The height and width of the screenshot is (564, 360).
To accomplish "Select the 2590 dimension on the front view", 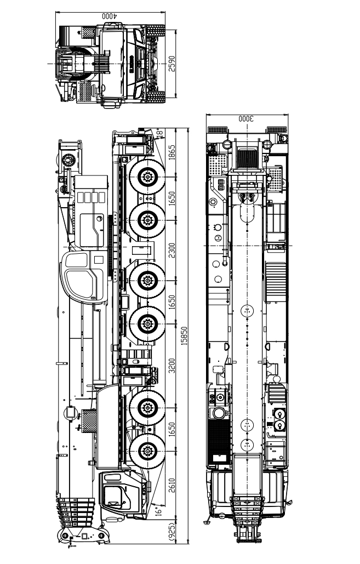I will pos(172,64).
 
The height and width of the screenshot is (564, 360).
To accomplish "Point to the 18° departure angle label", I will pos(159,133).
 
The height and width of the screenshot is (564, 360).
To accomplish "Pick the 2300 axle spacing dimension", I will pos(172,250).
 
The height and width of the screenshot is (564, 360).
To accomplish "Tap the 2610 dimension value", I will pos(172,486).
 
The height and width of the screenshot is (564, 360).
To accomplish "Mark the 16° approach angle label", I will pos(159,510).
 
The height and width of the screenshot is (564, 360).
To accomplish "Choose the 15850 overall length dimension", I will pos(185,336).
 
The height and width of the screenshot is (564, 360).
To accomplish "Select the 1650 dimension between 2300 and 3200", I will pos(172,303).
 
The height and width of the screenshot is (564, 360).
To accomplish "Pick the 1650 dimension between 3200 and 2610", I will pos(172,430).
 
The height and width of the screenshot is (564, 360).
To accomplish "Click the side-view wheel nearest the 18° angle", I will pos(147,177).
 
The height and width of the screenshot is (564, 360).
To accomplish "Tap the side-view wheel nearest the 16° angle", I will pos(147,452).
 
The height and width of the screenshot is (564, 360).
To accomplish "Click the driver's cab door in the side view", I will pos(113,494).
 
